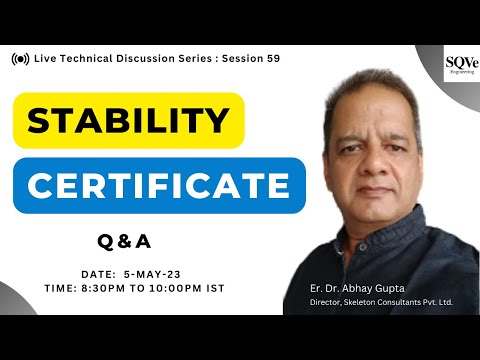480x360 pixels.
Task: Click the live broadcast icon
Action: tap(20, 59)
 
